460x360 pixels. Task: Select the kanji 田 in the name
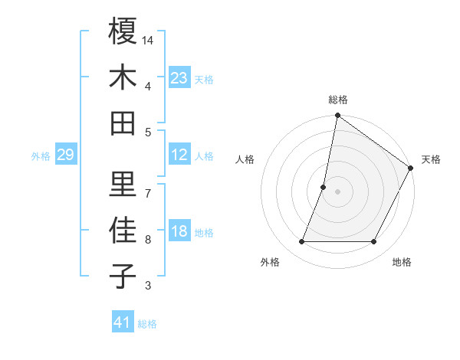[123, 123]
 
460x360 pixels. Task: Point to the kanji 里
[123, 184]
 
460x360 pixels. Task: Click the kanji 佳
[123, 231]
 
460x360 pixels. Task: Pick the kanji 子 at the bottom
[123, 277]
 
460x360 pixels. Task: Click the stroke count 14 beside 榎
[149, 39]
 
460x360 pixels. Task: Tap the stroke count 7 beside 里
[148, 192]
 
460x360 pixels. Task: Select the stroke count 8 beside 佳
[148, 240]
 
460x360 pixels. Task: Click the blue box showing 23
[179, 78]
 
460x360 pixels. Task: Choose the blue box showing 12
[179, 155]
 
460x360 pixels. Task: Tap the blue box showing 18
[179, 231]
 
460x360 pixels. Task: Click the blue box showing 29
[65, 155]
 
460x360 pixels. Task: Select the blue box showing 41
[123, 322]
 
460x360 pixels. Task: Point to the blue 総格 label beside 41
[147, 324]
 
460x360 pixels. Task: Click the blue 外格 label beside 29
[41, 156]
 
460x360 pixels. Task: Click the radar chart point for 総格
[337, 116]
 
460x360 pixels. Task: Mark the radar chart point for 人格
[324, 187]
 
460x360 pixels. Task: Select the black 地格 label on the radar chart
[402, 262]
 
